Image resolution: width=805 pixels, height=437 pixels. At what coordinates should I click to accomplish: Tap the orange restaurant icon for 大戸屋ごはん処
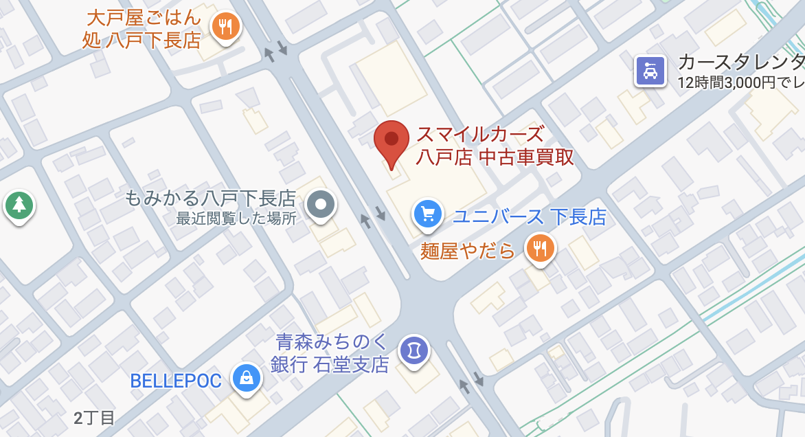(x=225, y=27)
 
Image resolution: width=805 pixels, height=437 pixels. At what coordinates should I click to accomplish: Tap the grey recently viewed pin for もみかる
(x=320, y=204)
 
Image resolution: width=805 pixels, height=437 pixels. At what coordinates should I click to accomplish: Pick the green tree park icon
(x=19, y=205)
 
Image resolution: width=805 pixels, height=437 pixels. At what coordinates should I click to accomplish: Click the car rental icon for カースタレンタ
(x=650, y=70)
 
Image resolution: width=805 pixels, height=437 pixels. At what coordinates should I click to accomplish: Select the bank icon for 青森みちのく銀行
(x=414, y=350)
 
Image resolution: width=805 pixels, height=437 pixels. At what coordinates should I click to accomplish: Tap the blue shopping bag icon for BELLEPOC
(x=246, y=378)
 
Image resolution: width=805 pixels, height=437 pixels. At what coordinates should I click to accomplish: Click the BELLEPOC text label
(x=176, y=381)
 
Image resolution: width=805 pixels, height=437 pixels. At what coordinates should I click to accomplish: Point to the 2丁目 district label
(x=94, y=418)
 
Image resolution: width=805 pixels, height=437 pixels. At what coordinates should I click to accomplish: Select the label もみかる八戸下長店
(x=210, y=199)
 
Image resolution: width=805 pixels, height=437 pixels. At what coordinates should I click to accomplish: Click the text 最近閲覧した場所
(x=236, y=218)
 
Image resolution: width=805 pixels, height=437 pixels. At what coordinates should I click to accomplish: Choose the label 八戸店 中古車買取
(x=495, y=157)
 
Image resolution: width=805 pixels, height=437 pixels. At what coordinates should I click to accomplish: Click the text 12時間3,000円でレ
(x=740, y=83)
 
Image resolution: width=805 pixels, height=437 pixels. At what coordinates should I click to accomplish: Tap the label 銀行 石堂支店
(x=330, y=363)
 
